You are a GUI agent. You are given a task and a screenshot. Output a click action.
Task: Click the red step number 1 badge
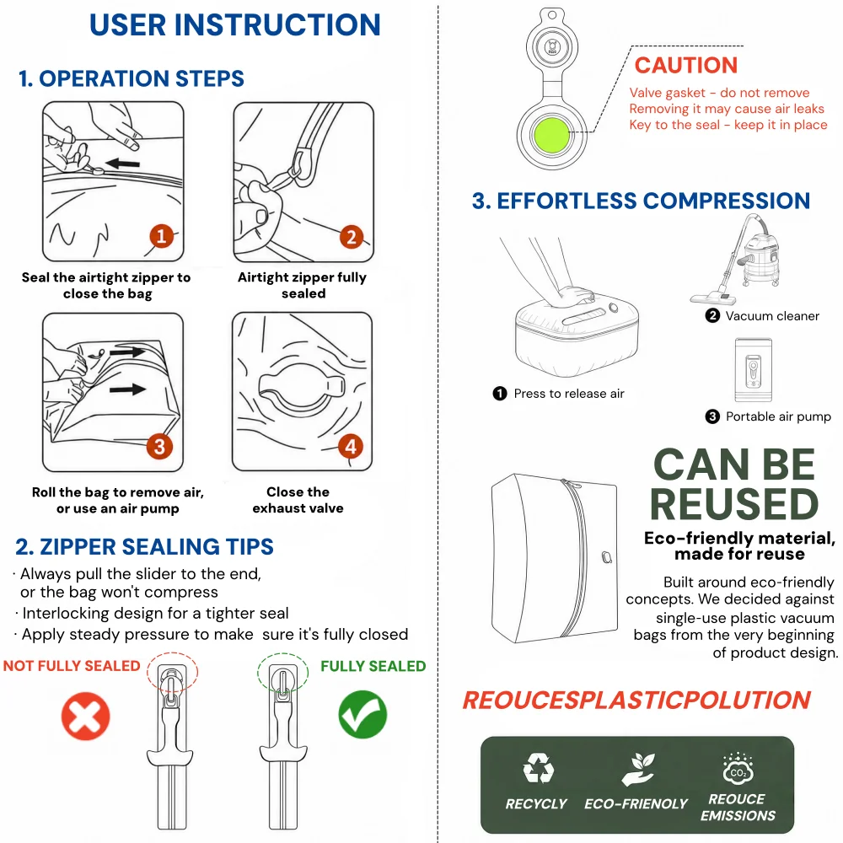[161, 236]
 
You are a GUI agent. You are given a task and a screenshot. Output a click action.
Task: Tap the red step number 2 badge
[352, 237]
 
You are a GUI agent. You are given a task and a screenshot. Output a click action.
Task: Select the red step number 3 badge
[159, 447]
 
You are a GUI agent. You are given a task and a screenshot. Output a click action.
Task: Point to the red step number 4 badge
[351, 446]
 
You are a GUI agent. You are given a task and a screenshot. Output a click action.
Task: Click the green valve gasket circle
[551, 135]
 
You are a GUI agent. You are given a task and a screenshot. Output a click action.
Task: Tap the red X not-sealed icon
[85, 716]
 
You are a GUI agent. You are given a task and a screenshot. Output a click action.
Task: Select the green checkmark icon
[362, 715]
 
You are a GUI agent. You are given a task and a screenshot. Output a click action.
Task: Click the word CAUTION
[686, 65]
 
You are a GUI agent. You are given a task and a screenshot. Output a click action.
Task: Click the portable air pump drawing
[753, 370]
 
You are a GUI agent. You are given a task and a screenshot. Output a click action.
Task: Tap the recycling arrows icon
[538, 768]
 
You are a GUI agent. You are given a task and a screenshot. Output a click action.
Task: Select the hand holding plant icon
[638, 770]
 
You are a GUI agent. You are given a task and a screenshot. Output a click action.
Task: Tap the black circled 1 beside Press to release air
[500, 394]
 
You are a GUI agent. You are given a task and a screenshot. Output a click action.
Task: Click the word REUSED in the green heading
[734, 504]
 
